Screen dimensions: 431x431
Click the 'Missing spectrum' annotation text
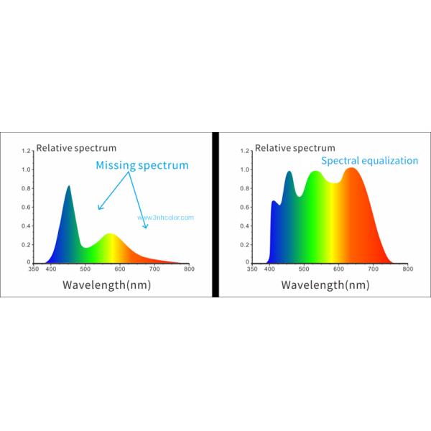coord(142,165)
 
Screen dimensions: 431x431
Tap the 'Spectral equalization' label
coord(369,161)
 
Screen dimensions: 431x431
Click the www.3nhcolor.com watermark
coord(166,218)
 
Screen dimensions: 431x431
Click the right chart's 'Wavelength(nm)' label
coord(325,284)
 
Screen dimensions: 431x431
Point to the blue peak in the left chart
coord(69,187)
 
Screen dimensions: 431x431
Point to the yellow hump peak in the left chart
coord(111,234)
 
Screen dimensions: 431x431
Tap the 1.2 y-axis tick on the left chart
coord(27,152)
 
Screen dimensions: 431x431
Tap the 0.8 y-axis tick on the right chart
coord(245,189)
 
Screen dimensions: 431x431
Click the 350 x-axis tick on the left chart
coord(33,270)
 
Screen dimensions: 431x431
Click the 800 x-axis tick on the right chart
coord(407,270)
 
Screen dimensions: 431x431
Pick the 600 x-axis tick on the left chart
coord(119,270)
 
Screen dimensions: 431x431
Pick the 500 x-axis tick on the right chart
coord(303,270)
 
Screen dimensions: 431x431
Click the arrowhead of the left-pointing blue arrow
coord(99,209)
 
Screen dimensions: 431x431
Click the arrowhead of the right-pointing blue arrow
coord(147,227)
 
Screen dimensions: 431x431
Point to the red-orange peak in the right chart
coord(351,169)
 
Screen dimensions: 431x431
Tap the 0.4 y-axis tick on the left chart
coord(27,226)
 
